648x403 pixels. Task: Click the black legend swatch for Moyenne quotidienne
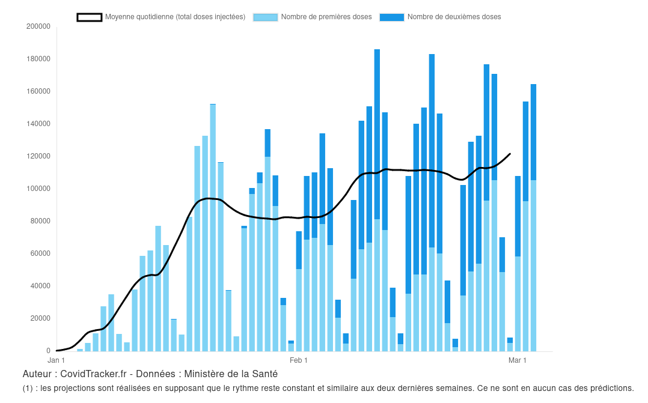tap(90, 17)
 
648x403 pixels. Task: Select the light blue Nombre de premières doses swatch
tap(265, 17)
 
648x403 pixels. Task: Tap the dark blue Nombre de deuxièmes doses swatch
tap(391, 17)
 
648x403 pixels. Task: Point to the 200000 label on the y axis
tap(38, 26)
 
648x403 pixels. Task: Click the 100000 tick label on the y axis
tap(38, 189)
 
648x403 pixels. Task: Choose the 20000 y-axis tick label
tap(40, 318)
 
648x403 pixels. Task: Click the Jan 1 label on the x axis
tap(57, 360)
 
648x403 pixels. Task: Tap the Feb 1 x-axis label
tap(299, 360)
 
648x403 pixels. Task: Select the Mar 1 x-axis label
tap(518, 360)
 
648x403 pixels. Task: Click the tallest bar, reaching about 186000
tap(377, 198)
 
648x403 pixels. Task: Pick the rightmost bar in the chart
tap(533, 216)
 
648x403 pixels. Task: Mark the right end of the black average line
tap(510, 154)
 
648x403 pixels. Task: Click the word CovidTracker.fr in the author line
tap(94, 374)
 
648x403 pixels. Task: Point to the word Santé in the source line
tap(264, 374)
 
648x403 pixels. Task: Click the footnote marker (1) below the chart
tap(28, 388)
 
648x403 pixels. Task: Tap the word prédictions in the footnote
tap(612, 388)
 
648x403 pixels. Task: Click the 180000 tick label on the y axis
tap(38, 59)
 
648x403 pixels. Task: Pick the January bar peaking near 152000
tap(213, 228)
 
